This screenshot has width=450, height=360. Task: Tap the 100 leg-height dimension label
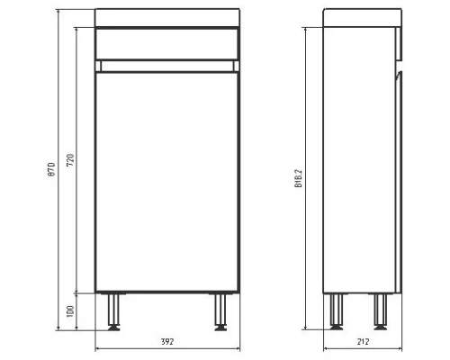click(x=71, y=310)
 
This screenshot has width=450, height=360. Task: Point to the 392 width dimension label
click(x=166, y=342)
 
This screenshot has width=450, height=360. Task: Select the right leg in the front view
click(x=220, y=310)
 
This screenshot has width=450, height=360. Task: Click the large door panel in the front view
click(x=166, y=180)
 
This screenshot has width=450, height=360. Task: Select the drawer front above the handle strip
click(x=166, y=43)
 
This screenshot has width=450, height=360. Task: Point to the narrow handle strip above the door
click(x=166, y=66)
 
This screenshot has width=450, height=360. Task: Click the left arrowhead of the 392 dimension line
click(x=98, y=350)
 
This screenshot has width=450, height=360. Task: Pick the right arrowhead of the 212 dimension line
click(x=399, y=350)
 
